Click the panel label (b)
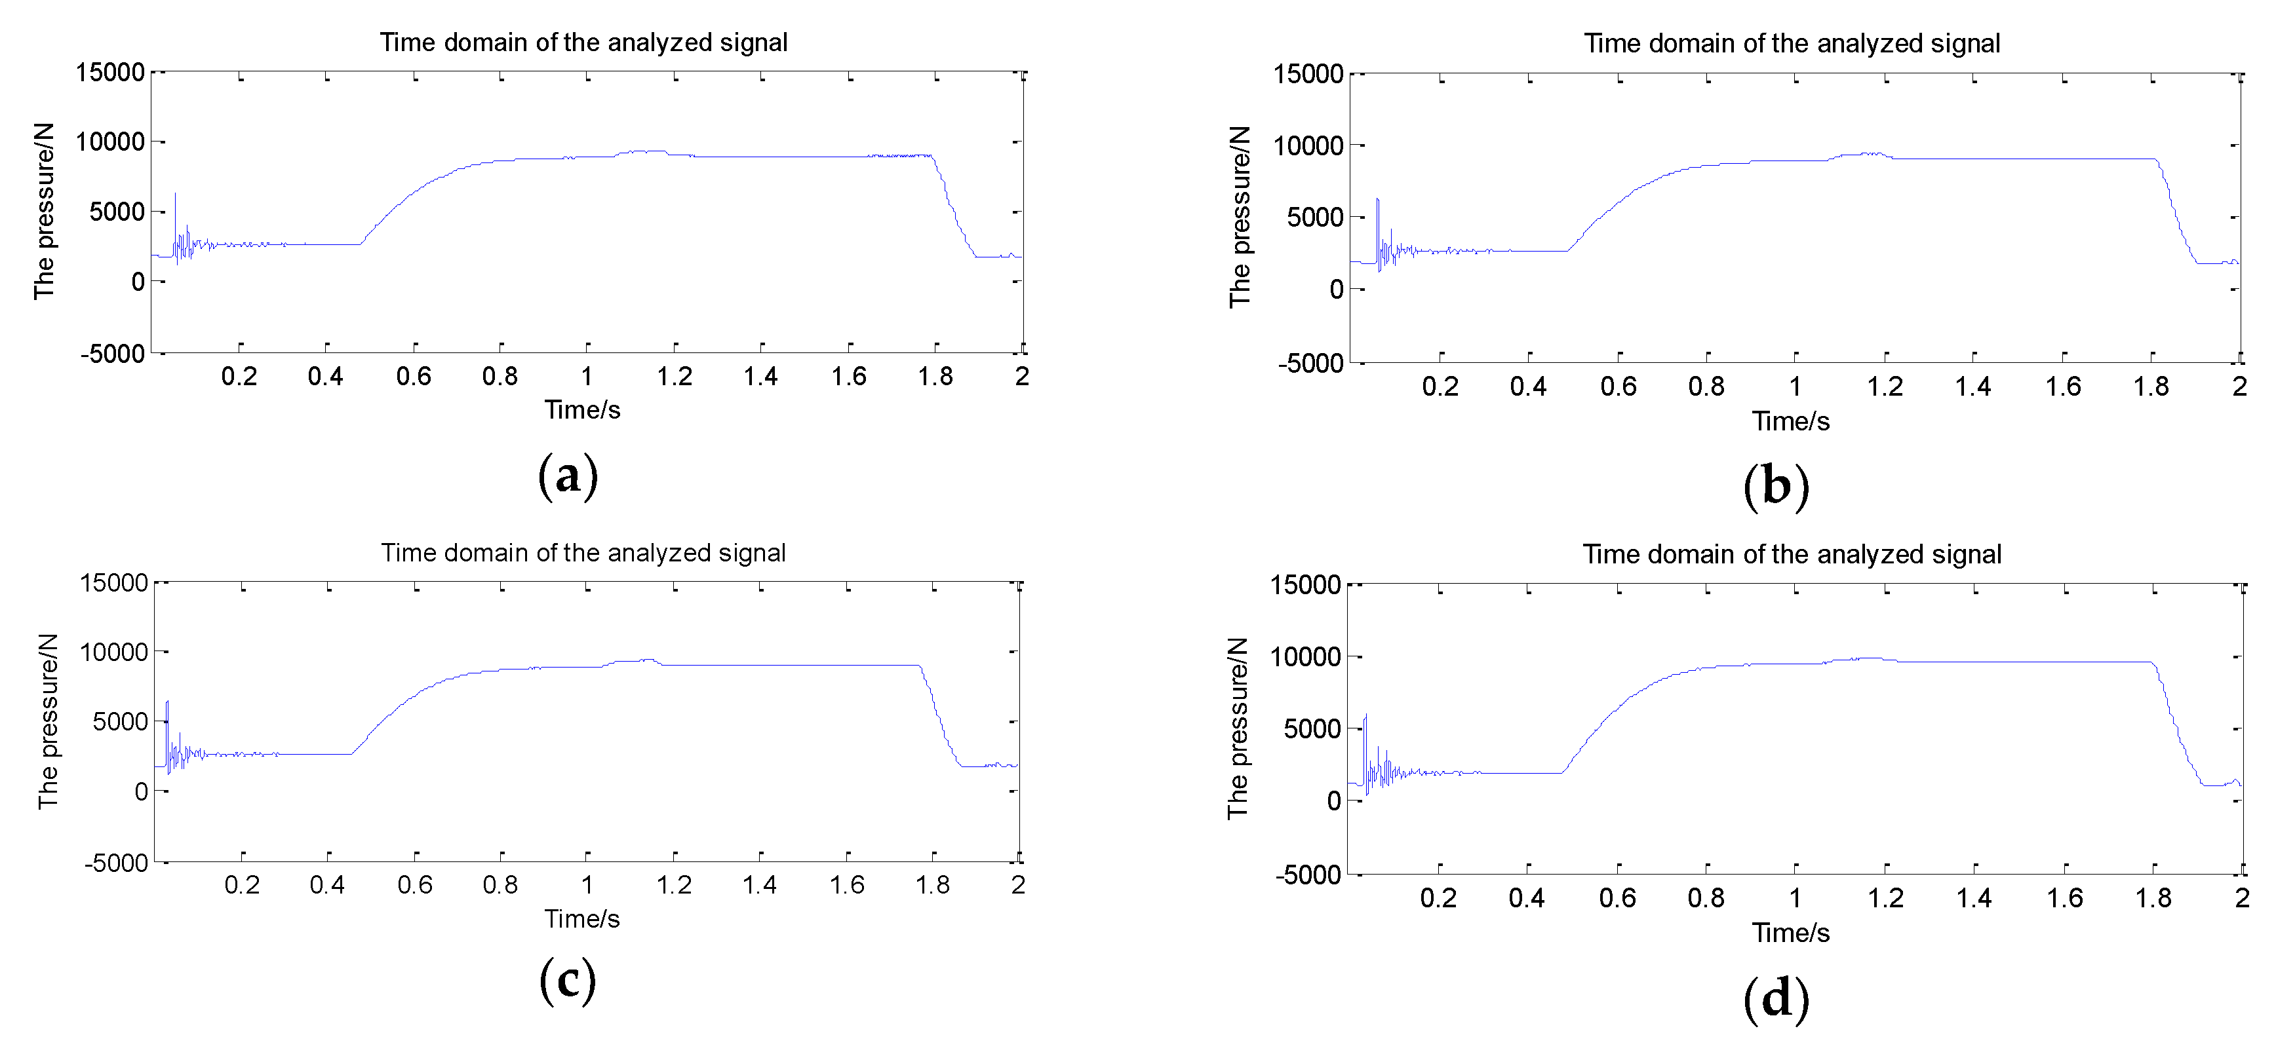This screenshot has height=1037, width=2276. click(1776, 487)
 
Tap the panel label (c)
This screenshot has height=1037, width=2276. click(567, 981)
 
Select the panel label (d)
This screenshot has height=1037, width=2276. click(1776, 999)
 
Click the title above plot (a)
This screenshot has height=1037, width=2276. click(583, 43)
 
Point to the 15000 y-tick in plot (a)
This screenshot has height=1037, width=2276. click(109, 73)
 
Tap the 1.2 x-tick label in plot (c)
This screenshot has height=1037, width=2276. click(673, 884)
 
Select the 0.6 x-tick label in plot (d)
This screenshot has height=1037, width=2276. click(1617, 898)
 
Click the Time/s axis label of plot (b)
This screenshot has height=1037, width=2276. click(1790, 421)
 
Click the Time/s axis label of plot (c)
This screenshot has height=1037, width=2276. click(581, 918)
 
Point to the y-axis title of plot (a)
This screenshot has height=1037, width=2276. click(44, 212)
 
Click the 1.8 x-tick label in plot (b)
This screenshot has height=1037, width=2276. click(2151, 386)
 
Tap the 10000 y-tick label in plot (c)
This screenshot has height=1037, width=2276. click(113, 652)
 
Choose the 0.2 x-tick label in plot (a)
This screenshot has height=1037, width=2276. click(239, 376)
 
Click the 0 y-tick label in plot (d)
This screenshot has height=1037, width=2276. click(1333, 801)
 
